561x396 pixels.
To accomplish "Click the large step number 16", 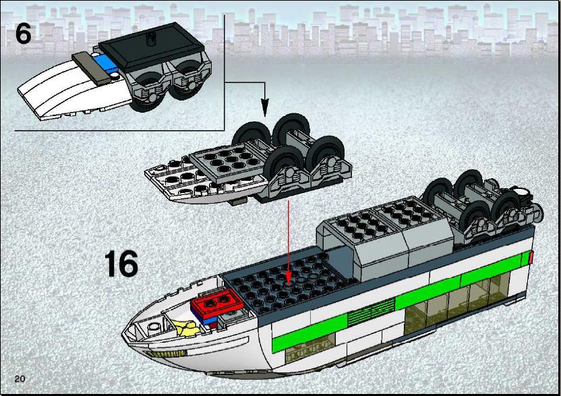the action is pos(121,264).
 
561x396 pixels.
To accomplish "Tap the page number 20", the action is pos(20,379).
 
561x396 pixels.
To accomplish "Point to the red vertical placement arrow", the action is pos(289,242).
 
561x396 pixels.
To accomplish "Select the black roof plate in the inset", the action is pos(151,45).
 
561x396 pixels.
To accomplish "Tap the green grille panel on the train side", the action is pos(371,312).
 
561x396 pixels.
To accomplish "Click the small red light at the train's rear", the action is pos(531,258).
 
